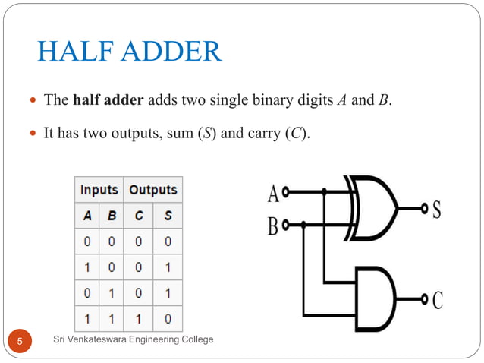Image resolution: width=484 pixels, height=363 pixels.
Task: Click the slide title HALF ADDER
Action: coord(130,52)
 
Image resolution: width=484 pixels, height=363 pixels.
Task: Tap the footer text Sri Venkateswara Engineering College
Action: coord(133,339)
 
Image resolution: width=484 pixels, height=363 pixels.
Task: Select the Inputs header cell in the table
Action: coord(99,190)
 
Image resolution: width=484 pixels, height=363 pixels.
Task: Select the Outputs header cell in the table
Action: coord(152,190)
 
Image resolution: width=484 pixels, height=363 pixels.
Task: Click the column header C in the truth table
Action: coord(138,216)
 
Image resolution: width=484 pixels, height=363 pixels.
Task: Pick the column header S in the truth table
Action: coord(167,216)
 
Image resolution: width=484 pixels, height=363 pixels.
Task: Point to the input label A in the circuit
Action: coord(272,194)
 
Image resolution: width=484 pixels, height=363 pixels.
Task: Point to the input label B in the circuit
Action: coord(272,226)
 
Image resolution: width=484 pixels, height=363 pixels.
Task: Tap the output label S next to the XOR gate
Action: coord(436,210)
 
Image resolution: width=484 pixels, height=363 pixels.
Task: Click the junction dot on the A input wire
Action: coord(324,193)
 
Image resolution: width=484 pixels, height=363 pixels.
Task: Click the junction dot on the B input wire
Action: coord(303,225)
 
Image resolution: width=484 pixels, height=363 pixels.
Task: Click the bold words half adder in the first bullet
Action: coord(108,100)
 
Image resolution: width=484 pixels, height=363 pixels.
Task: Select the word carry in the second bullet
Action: coord(263,133)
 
